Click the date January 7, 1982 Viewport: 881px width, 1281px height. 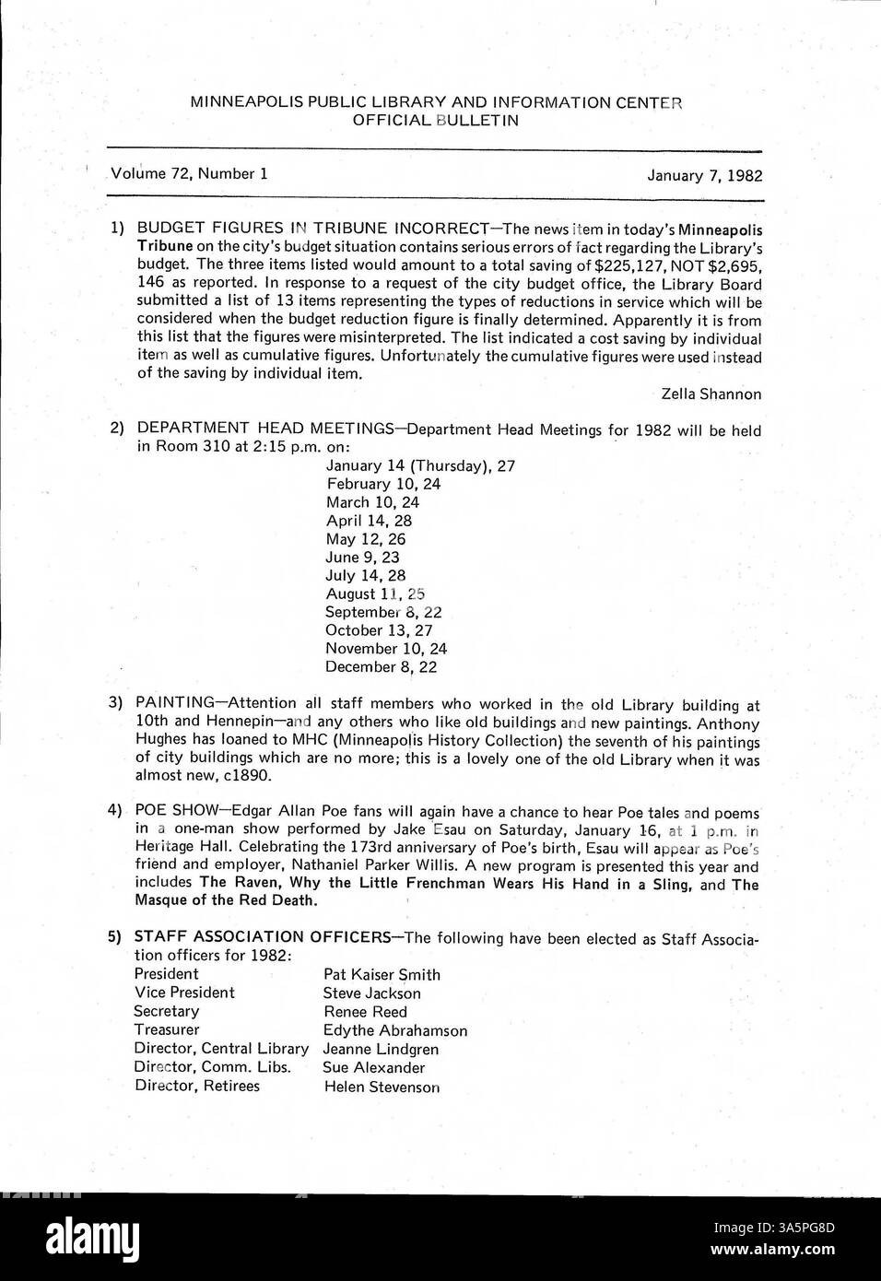pos(704,174)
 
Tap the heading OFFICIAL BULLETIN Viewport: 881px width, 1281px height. pos(436,120)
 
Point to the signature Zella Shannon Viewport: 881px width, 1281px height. pos(711,394)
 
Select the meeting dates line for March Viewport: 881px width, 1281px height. pos(372,502)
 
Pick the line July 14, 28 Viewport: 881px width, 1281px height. pos(365,575)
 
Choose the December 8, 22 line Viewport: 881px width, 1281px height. pos(381,666)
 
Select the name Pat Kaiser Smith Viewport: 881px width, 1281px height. pos(382,974)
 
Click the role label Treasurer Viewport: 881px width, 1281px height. pos(166,1029)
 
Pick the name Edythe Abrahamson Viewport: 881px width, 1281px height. pos(394,1030)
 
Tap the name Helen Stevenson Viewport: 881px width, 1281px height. pos(382,1087)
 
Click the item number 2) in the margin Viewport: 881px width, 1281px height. pos(117,429)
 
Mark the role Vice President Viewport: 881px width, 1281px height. pos(184,993)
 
